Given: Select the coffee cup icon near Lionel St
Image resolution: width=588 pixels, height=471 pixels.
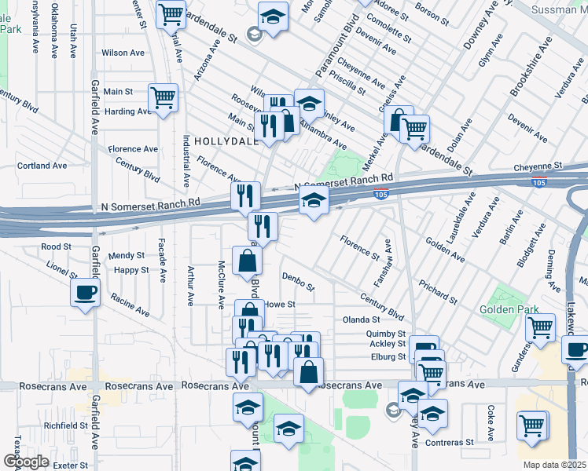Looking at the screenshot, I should coord(86,294).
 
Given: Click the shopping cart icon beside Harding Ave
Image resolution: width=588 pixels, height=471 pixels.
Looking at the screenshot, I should coord(164,98).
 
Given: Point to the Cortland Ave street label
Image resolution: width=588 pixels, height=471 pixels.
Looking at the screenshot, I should coord(42,166).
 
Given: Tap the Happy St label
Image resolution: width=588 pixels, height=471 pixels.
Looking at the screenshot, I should coord(130,270).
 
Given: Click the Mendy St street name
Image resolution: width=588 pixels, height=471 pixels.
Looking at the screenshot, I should coord(127,255).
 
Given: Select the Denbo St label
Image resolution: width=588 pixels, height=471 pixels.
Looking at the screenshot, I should coord(299,281).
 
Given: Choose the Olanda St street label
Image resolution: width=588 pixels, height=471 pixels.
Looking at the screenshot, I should coord(361,319).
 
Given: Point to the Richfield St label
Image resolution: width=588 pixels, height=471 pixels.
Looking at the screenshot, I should coord(65,425).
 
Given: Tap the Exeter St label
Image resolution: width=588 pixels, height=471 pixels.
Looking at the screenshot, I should coord(71,466).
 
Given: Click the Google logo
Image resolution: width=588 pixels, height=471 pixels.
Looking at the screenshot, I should coord(26,462).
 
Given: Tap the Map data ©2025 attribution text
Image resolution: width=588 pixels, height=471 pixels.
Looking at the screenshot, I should coord(554,465).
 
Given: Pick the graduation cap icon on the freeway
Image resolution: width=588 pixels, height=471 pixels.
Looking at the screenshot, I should coord(314,202).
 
